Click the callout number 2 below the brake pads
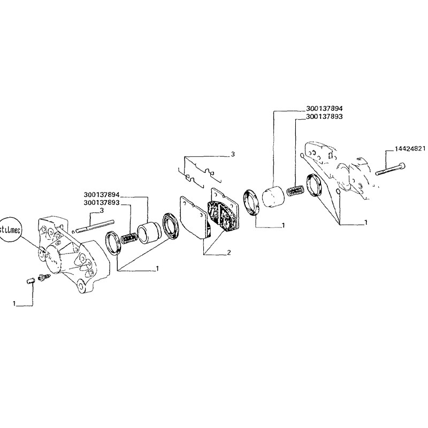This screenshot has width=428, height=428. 228,252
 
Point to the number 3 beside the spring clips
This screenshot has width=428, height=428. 233,154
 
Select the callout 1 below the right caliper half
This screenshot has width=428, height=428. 365,221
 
